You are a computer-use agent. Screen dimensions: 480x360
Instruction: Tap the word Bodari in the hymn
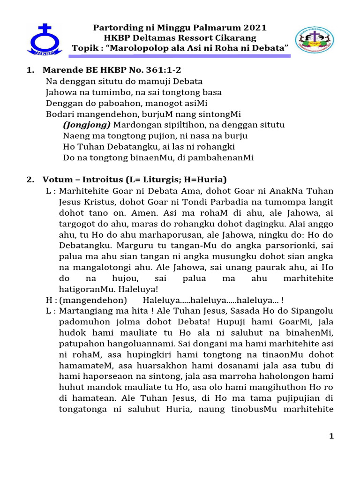[x=59, y=114]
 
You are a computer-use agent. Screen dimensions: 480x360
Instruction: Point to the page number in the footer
[x=331, y=436]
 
